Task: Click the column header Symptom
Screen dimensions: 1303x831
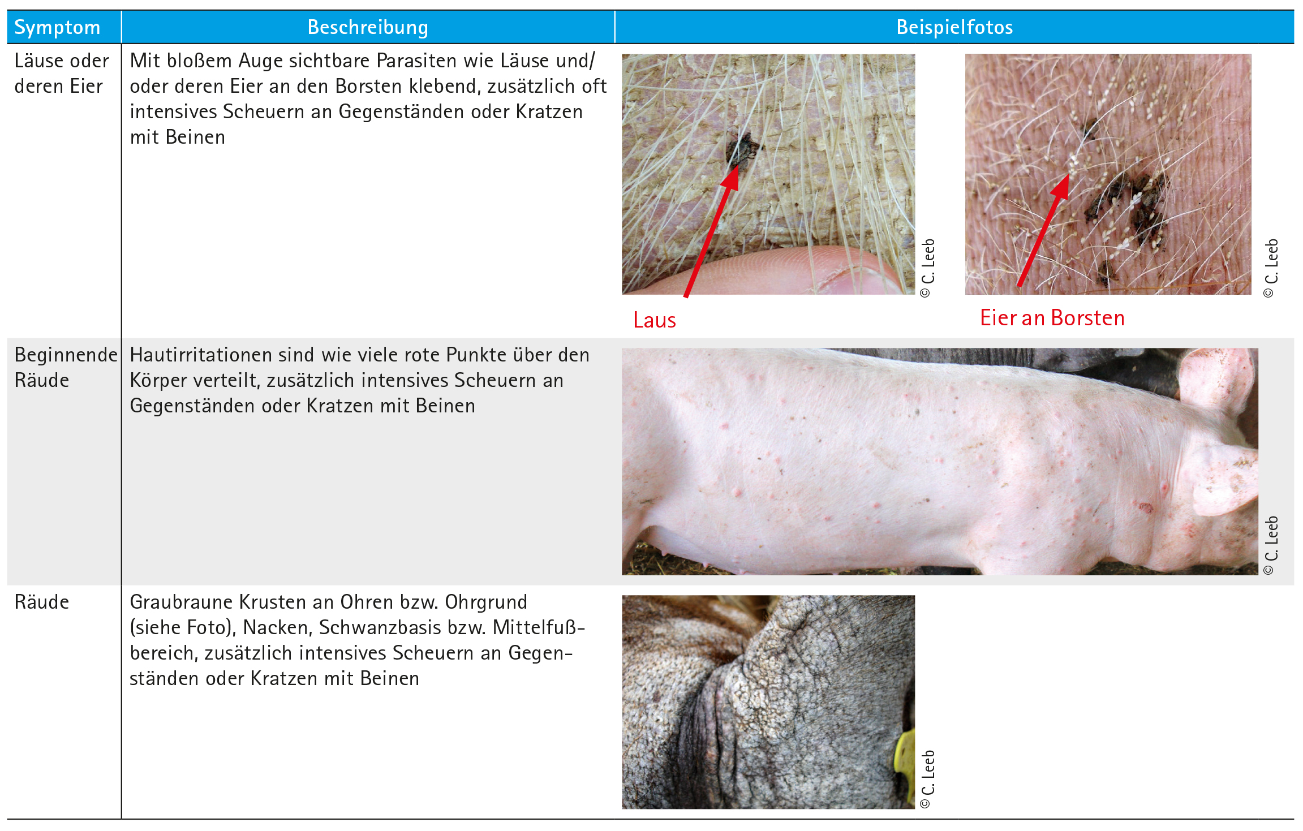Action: click(57, 28)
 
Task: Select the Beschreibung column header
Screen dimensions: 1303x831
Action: click(368, 27)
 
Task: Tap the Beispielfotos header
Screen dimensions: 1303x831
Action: click(954, 27)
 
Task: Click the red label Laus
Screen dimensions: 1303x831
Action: click(655, 320)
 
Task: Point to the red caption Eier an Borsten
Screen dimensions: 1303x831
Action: click(1052, 318)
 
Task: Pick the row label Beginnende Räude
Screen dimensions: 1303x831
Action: click(66, 367)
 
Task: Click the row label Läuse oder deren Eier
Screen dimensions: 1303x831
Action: click(62, 74)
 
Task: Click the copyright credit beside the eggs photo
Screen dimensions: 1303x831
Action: click(1271, 268)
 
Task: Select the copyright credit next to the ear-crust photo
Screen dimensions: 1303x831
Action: click(928, 780)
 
